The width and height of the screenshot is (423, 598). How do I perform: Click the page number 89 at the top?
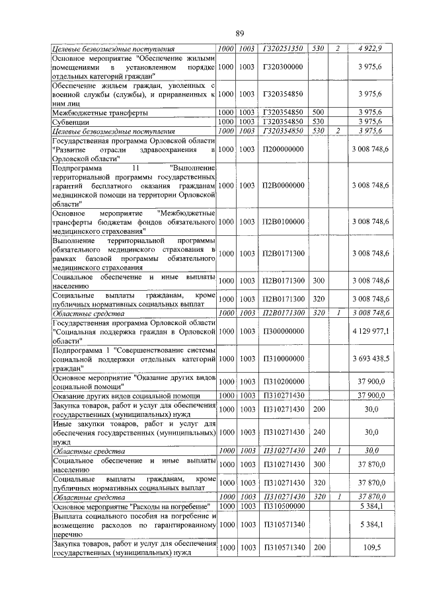tap(240, 33)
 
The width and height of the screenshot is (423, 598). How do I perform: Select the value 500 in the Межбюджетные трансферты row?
tap(318, 113)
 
